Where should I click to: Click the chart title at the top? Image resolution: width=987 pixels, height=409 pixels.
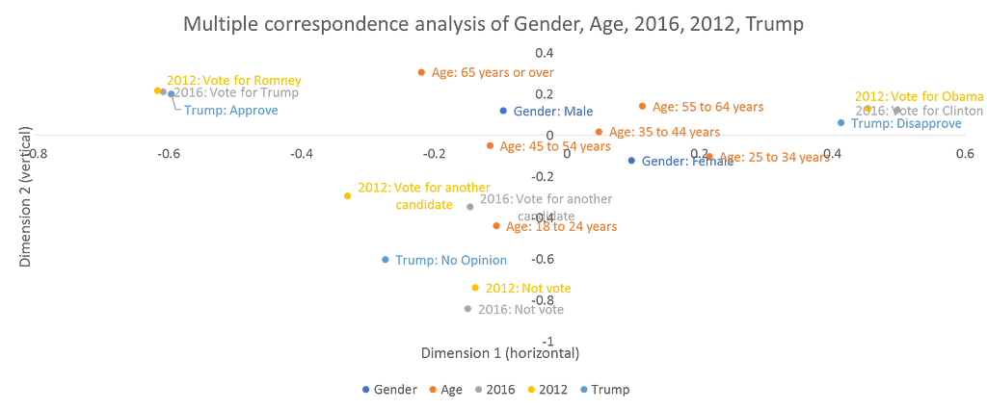493,24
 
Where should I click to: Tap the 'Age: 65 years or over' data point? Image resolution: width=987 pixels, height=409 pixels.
421,72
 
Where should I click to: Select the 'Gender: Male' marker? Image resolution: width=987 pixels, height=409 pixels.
503,111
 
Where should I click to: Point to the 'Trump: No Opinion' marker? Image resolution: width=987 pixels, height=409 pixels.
386,260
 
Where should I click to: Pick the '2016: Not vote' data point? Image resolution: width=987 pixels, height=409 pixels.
468,309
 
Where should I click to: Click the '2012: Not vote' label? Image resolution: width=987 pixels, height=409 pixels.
528,288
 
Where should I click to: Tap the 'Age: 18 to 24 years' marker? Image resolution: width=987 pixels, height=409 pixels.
496,226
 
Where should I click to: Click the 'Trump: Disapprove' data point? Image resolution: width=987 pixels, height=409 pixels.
841,122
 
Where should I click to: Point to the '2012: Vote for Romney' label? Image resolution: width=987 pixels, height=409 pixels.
234,81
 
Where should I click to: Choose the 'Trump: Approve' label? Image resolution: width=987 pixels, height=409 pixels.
230,111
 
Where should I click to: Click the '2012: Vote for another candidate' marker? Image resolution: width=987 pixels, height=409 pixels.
347,195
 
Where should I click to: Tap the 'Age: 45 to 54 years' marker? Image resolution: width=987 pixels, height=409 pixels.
490,146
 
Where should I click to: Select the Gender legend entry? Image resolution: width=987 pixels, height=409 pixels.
389,390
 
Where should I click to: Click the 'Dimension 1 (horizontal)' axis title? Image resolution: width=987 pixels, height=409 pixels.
499,353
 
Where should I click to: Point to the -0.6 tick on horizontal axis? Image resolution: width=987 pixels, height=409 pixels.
169,153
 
